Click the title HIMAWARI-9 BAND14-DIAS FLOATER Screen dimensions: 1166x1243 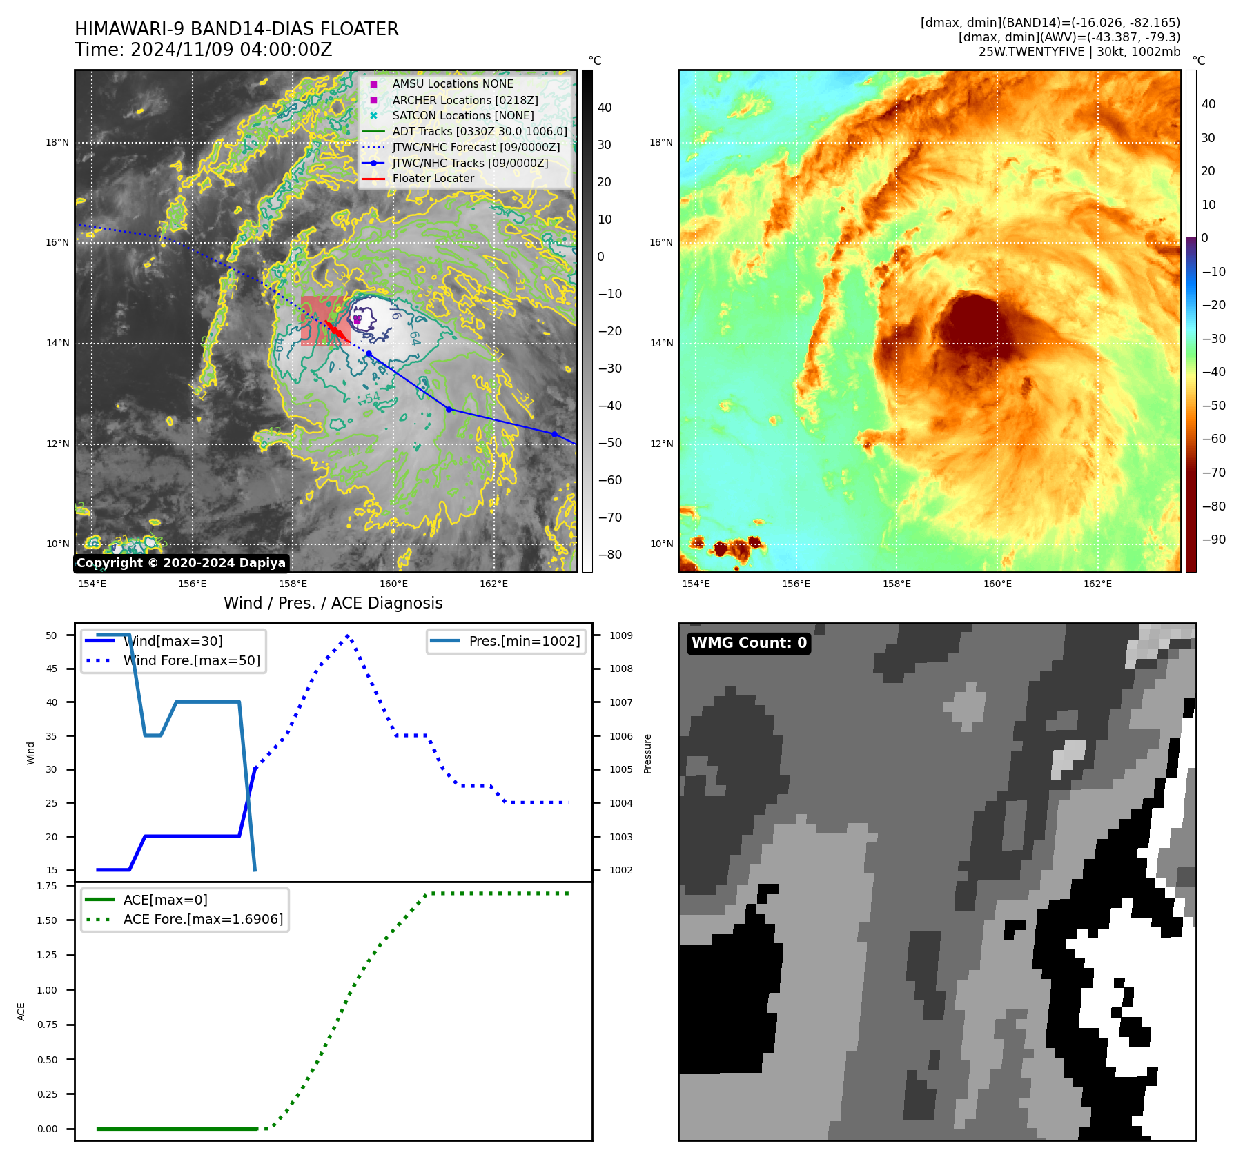(x=236, y=29)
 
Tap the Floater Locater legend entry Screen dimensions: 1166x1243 (x=433, y=179)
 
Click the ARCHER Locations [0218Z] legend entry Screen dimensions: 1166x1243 (x=464, y=100)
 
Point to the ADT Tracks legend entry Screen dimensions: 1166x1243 (x=479, y=131)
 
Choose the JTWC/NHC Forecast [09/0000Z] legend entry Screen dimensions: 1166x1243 (x=476, y=147)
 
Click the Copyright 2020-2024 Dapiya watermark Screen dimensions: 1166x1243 (x=181, y=563)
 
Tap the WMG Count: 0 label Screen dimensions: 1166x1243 (x=749, y=643)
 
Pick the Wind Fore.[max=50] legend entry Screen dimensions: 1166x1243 (x=191, y=660)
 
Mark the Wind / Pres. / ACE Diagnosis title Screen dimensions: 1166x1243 (x=333, y=603)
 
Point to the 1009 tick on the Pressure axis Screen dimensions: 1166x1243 (x=620, y=635)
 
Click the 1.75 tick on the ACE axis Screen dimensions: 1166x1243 (x=47, y=886)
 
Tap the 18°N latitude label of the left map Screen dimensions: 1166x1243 (x=57, y=143)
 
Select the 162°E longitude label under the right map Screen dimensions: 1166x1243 (x=1097, y=584)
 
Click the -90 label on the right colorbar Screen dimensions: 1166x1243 (x=1213, y=540)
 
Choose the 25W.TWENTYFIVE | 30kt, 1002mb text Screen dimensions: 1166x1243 (x=1079, y=52)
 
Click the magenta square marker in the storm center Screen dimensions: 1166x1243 (x=358, y=319)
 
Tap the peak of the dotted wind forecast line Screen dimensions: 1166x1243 (x=348, y=635)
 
